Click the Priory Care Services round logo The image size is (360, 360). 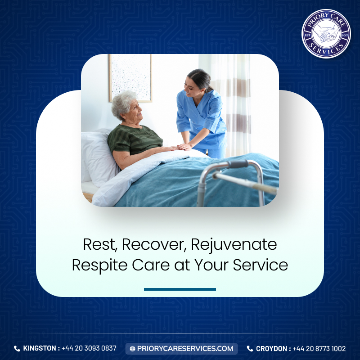[326, 34]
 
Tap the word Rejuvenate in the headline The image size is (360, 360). [234, 245]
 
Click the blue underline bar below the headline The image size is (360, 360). [180, 289]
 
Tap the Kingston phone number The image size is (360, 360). [89, 348]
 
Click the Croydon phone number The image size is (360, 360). [319, 348]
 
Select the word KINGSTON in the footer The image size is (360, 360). [40, 348]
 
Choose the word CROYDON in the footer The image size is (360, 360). [272, 348]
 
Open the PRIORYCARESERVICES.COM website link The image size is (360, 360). [185, 348]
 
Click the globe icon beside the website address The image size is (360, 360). [132, 349]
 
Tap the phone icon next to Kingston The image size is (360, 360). [17, 348]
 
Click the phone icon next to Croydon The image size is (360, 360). [250, 349]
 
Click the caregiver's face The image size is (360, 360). [190, 87]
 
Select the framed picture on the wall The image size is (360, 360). [130, 78]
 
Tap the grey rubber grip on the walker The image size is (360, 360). [238, 164]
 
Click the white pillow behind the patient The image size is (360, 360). [98, 157]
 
